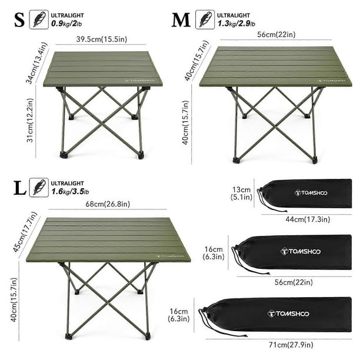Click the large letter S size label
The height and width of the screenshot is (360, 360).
point(19,20)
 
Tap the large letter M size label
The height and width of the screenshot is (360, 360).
point(181,20)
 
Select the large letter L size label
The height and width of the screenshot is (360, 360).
point(20,188)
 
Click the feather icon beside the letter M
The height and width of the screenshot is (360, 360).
point(205,19)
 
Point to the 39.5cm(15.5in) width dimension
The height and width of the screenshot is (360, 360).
point(102,39)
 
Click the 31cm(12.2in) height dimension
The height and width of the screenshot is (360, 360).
point(31,121)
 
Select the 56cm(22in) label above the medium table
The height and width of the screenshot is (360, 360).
point(276,35)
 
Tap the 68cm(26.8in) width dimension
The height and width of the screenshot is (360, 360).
point(108,204)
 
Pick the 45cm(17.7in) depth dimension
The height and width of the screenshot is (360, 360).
point(25,232)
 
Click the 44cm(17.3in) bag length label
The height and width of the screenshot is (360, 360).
point(308,219)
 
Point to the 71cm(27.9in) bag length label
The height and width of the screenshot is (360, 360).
point(291,345)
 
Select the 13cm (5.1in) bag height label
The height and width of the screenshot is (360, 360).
point(241,194)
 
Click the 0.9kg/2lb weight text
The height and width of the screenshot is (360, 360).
point(66,24)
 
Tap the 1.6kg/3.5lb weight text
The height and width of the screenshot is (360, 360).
point(70,192)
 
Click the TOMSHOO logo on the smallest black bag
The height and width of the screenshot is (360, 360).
point(311,193)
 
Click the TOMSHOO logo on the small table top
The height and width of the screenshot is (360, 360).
point(139,81)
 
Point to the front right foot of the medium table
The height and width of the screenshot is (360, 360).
point(314,160)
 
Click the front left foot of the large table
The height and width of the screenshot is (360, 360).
point(68,337)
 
